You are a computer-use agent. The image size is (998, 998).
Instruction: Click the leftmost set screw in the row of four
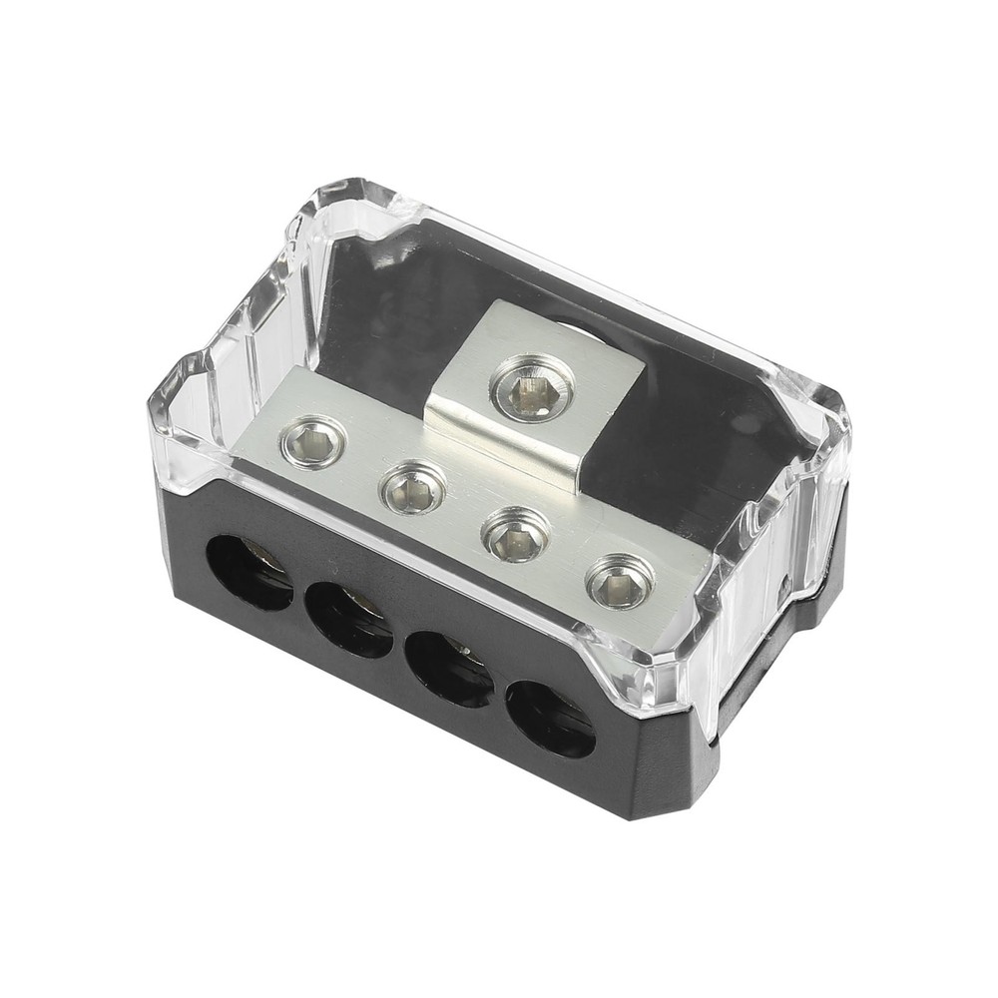[313, 439]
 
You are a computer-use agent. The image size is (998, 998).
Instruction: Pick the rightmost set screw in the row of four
[620, 581]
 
